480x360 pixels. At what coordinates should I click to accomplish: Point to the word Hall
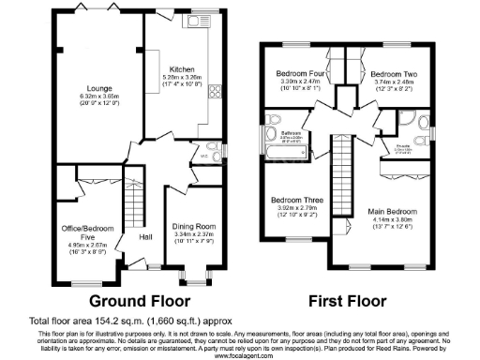145,236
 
